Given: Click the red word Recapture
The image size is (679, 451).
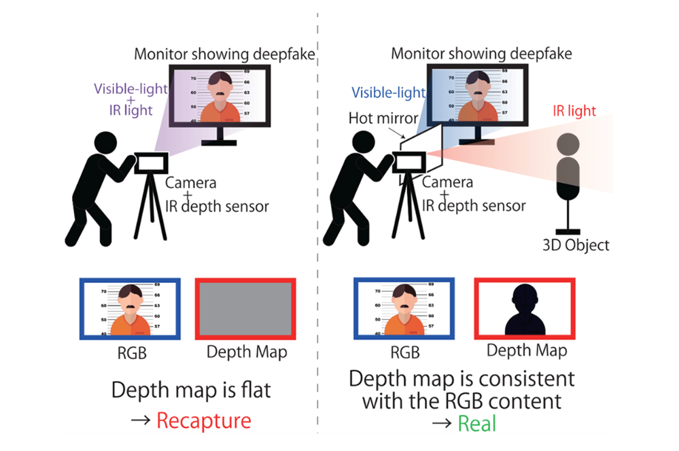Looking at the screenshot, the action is (203, 420).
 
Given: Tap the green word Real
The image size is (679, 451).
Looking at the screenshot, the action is (476, 423).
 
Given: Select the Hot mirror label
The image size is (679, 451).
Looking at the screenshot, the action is (383, 118).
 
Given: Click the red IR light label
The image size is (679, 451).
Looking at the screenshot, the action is (574, 111).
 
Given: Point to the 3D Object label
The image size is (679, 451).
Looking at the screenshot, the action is (576, 245).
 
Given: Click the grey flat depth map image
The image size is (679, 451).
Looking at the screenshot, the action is (245, 309).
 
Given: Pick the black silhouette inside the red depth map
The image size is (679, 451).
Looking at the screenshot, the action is (525, 310).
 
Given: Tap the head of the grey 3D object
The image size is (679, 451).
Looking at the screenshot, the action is (568, 144).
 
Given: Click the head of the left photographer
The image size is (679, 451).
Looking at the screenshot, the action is (105, 143).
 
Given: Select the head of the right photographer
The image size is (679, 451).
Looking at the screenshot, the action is (364, 141).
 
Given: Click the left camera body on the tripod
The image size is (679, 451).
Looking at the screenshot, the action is (151, 163).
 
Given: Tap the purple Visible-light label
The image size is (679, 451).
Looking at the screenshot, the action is (130, 89).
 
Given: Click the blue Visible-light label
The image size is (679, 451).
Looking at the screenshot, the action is (388, 93).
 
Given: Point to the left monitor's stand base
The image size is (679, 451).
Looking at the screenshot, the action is (219, 143).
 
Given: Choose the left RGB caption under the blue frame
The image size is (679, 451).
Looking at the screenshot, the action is (132, 353).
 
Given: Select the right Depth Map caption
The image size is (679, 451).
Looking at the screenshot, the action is (527, 350).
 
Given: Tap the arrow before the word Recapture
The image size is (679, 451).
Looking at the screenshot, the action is (141, 420).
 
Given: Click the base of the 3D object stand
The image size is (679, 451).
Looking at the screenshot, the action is (568, 232).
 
